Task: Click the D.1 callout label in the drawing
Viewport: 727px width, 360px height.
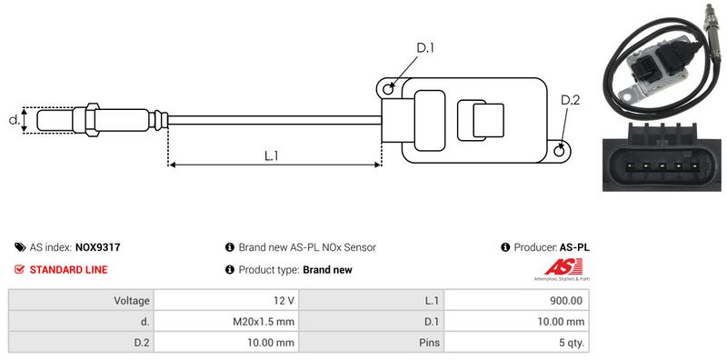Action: (424, 48)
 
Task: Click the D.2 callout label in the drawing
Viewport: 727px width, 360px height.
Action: (570, 100)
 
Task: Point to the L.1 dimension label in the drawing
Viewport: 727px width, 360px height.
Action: (271, 155)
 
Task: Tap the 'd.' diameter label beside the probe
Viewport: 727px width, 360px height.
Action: (15, 120)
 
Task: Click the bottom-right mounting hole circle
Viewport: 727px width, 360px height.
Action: (560, 150)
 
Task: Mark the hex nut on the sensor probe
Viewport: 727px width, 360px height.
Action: (93, 120)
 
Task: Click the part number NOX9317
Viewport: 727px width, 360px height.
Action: (98, 247)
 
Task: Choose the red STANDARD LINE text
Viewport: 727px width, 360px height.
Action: (69, 269)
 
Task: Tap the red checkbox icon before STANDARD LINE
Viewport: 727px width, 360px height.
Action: (19, 269)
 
